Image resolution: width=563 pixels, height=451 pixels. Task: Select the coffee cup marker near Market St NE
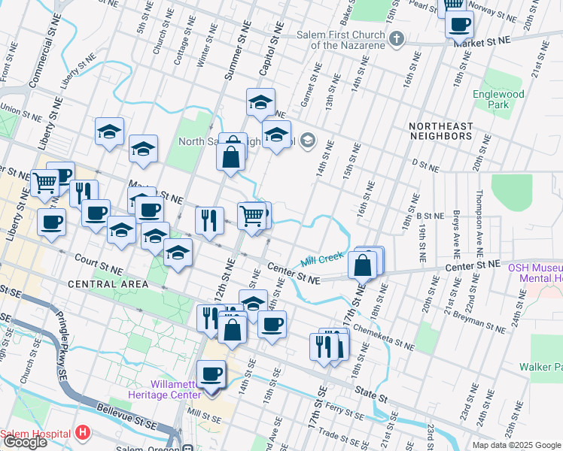click(459, 24)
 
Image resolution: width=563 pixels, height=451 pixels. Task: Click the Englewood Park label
click(498, 99)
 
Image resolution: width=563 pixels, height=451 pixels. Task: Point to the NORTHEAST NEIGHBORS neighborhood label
click(441, 131)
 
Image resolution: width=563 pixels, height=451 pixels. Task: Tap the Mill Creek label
click(322, 261)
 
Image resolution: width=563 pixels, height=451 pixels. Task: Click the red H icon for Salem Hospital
click(83, 434)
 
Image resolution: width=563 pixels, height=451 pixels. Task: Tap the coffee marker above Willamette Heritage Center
click(211, 374)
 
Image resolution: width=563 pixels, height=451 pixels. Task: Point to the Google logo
click(24, 442)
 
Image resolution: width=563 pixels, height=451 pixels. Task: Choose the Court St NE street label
click(98, 264)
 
